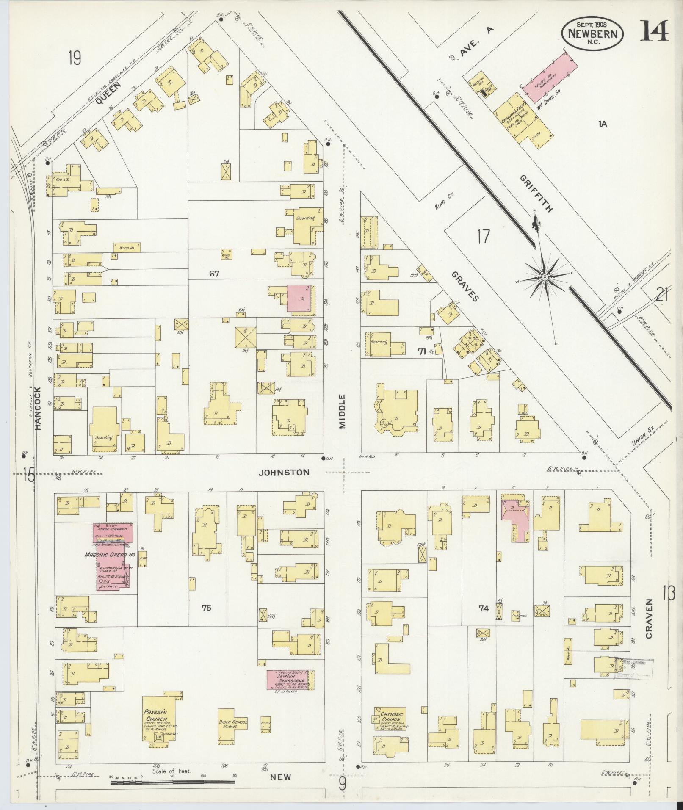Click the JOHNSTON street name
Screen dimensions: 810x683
[x=285, y=472]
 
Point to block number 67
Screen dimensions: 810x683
[x=214, y=274]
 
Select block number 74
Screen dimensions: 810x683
[x=483, y=608]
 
